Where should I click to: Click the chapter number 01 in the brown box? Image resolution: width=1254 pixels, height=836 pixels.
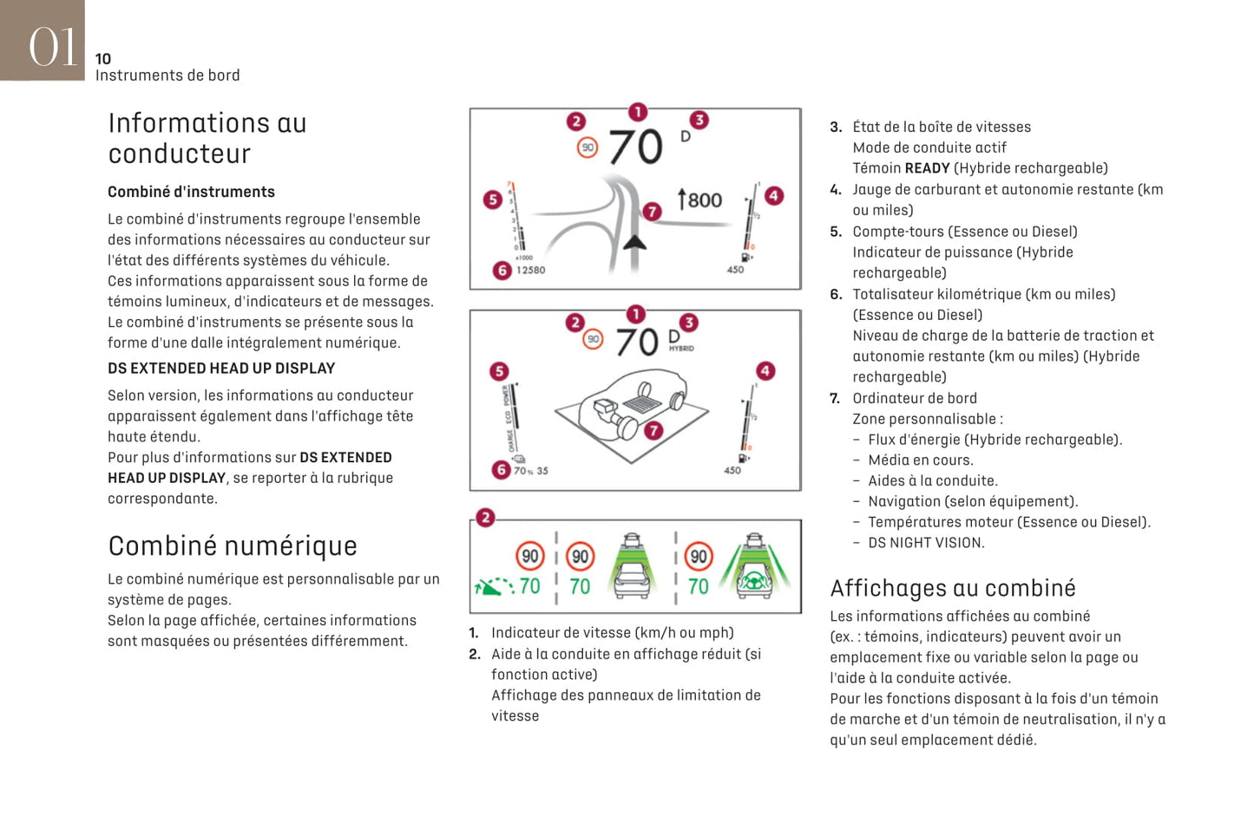[x=52, y=46]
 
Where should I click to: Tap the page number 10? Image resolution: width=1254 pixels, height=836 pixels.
[x=103, y=59]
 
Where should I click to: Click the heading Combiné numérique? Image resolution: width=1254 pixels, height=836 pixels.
[x=233, y=546]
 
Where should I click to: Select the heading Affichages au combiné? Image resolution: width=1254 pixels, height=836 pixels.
[x=952, y=589]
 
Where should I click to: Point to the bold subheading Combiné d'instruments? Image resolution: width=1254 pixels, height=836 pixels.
[x=191, y=193]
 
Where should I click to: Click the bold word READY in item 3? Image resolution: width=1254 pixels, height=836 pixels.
[x=927, y=168]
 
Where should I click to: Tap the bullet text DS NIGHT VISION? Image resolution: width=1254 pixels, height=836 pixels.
[x=926, y=543]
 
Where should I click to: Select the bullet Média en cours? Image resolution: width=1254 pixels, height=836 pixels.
[x=920, y=460]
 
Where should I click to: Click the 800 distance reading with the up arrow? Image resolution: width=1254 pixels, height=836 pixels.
[x=699, y=200]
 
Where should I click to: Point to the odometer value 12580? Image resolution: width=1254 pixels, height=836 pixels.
[x=530, y=271]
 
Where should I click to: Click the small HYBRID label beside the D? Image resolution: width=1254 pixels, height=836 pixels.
[x=681, y=349]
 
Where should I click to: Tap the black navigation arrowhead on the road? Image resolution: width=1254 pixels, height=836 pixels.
[x=634, y=240]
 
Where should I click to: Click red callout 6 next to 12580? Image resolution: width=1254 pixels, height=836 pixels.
[x=502, y=271]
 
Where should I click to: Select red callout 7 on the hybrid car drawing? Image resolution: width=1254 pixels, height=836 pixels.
[x=653, y=430]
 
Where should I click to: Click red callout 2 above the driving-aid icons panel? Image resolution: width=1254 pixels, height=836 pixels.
[x=485, y=518]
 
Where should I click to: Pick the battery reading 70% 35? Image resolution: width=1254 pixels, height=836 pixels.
[x=530, y=471]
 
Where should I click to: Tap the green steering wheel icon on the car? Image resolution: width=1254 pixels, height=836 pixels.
[x=753, y=583]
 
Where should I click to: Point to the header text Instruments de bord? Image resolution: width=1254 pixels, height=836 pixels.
[x=167, y=75]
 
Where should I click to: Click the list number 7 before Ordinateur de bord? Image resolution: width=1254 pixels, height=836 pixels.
[x=835, y=399]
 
